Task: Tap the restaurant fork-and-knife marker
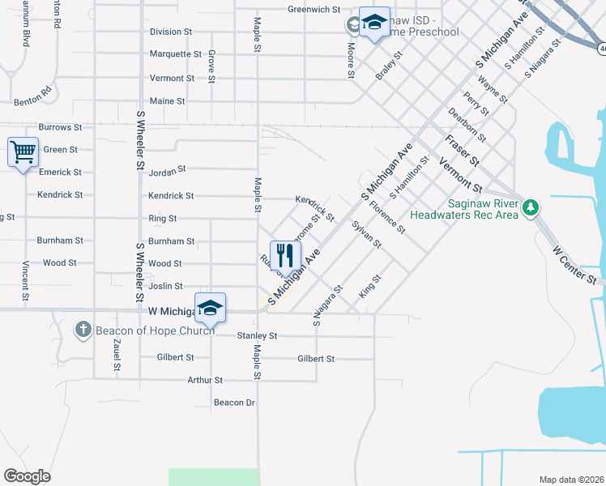pyautogui.click(x=284, y=255)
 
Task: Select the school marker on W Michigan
pyautogui.click(x=210, y=308)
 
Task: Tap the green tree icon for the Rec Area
pyautogui.click(x=531, y=208)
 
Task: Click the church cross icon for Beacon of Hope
pyautogui.click(x=83, y=329)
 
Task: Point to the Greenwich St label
pyautogui.click(x=314, y=10)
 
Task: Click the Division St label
pyautogui.click(x=171, y=32)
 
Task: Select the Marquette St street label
pyautogui.click(x=176, y=54)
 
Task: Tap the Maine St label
pyautogui.click(x=168, y=101)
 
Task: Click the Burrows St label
pyautogui.click(x=61, y=127)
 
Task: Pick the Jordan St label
pyautogui.click(x=168, y=169)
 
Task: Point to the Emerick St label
pyautogui.click(x=61, y=173)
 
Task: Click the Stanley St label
pyautogui.click(x=258, y=335)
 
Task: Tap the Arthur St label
pyautogui.click(x=205, y=380)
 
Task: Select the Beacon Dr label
pyautogui.click(x=234, y=403)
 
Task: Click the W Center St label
pyautogui.click(x=575, y=266)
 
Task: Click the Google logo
pyautogui.click(x=28, y=476)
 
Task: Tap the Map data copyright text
pyautogui.click(x=570, y=480)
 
